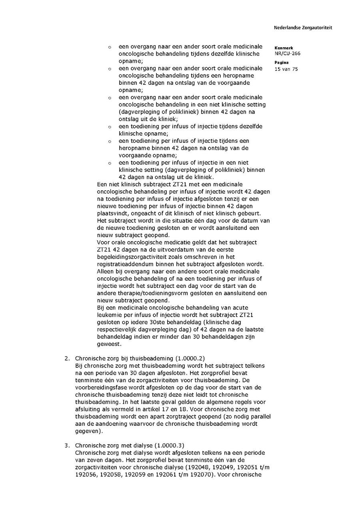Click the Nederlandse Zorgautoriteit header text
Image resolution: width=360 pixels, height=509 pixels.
pyautogui.click(x=303, y=28)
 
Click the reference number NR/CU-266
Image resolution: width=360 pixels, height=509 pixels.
pyautogui.click(x=287, y=54)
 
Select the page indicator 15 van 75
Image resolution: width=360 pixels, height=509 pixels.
pyautogui.click(x=286, y=69)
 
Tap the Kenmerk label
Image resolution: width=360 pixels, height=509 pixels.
pyautogui.click(x=284, y=48)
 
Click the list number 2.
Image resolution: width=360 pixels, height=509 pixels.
pyautogui.click(x=67, y=358)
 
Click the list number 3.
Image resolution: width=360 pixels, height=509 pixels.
pyautogui.click(x=67, y=445)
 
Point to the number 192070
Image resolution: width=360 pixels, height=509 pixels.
pyautogui.click(x=197, y=475)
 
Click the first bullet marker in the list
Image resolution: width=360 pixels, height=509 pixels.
pyautogui.click(x=110, y=48)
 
